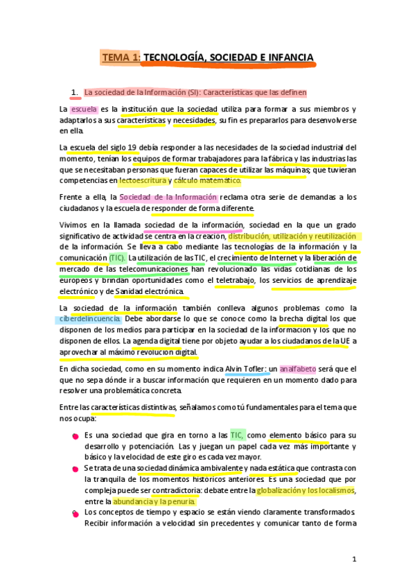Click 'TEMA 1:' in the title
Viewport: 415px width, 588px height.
(121, 57)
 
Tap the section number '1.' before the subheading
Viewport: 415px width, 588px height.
(76, 92)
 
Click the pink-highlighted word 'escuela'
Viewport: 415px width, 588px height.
(84, 110)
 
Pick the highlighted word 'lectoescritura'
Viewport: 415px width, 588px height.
(143, 181)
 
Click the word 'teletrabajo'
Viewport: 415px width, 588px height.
(234, 280)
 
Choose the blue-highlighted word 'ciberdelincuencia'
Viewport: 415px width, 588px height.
(90, 320)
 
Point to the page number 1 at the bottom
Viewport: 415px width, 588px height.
(353, 559)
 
